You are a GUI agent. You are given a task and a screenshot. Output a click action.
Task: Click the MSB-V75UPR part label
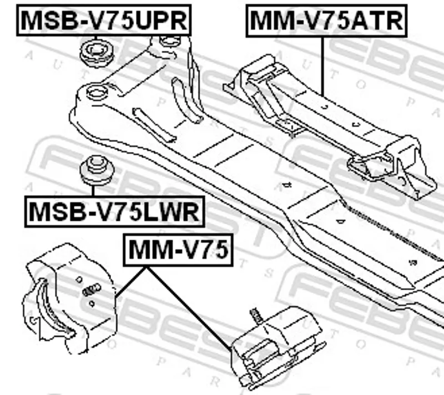pyautogui.click(x=104, y=20)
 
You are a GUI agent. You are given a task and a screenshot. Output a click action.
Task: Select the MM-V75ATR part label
pyautogui.click(x=326, y=21)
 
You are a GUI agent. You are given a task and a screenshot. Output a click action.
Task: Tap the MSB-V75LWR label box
pyautogui.click(x=114, y=212)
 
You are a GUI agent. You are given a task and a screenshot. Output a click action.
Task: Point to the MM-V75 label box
pyautogui.click(x=178, y=250)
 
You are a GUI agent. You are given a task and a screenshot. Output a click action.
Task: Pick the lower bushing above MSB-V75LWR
pyautogui.click(x=97, y=170)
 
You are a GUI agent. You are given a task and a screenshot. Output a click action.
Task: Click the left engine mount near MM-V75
pyautogui.click(x=69, y=298)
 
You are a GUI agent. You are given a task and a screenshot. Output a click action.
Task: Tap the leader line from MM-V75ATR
pyautogui.click(x=322, y=66)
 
